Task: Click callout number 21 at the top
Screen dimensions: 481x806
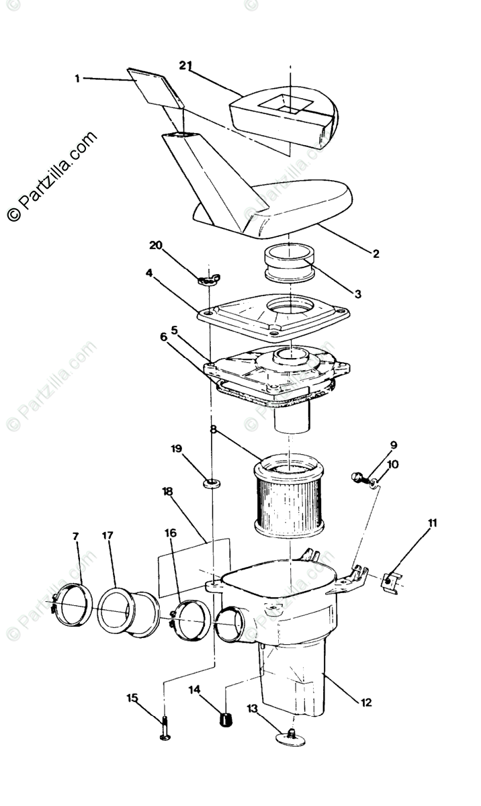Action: coord(185,65)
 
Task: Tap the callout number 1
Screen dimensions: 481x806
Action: coord(77,79)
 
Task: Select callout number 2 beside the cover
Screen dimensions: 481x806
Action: coord(376,254)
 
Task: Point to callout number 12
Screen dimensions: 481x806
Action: coord(366,703)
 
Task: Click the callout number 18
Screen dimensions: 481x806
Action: coord(167,492)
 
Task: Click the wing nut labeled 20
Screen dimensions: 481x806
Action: coord(209,278)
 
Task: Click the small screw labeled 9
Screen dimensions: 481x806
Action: coord(357,477)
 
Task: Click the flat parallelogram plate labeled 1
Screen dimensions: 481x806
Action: coord(155,87)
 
